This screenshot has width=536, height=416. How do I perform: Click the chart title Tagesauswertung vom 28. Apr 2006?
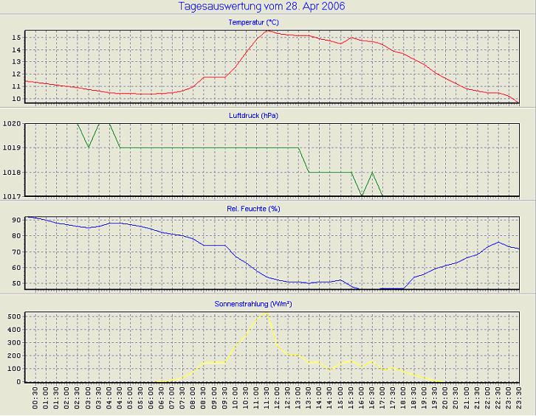(x=261, y=7)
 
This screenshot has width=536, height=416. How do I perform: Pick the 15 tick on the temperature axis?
(x=16, y=37)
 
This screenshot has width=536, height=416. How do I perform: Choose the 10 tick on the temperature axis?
(x=16, y=99)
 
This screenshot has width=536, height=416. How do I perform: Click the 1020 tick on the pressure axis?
(x=12, y=123)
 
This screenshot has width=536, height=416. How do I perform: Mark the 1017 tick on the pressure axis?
(x=12, y=196)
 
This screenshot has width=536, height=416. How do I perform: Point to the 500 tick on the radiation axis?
(x=13, y=316)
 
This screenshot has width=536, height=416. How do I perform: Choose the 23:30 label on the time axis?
(x=518, y=401)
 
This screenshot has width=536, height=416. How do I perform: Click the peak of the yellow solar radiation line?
(x=266, y=313)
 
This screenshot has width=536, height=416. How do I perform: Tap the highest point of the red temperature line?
(x=267, y=30)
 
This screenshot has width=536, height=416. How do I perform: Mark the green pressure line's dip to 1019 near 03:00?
(x=89, y=148)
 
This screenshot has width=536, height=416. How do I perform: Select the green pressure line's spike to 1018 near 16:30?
(x=372, y=173)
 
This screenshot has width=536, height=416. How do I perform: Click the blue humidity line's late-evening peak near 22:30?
(x=499, y=242)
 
